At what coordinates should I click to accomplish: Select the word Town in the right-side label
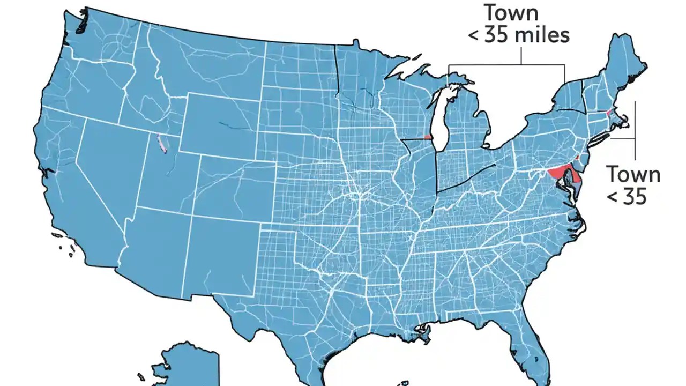click(x=633, y=174)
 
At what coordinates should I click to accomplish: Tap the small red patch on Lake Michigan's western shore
click(x=428, y=137)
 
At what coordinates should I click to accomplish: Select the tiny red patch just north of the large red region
click(x=577, y=158)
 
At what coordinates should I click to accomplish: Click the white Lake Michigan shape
click(x=441, y=121)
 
